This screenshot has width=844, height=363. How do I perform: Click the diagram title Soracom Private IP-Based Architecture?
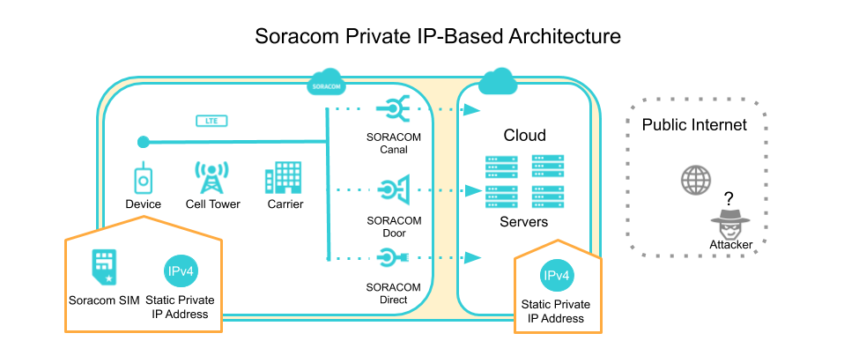(x=438, y=36)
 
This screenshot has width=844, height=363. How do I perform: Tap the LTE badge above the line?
(x=211, y=120)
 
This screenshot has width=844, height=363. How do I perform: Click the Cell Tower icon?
(x=211, y=178)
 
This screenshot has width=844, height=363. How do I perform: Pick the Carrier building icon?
(x=284, y=178)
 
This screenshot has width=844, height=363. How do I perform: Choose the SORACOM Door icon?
(x=392, y=189)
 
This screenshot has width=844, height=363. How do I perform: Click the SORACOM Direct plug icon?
(x=392, y=258)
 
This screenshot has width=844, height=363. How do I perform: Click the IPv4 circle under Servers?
(x=557, y=277)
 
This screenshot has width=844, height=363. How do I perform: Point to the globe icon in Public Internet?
(x=695, y=181)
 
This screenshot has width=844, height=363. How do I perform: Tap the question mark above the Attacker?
(x=729, y=197)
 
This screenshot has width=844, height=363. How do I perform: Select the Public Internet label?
(x=693, y=125)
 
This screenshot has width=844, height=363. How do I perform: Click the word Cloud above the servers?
(x=524, y=136)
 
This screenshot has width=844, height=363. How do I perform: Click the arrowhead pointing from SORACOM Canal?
(x=472, y=110)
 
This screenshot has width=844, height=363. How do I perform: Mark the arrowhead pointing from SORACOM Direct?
(x=472, y=257)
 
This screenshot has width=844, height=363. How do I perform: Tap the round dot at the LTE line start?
(x=142, y=141)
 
